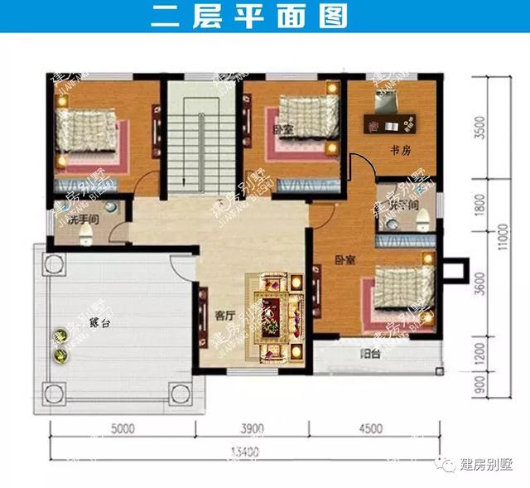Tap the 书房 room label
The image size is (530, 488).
402,150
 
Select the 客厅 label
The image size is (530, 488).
224,315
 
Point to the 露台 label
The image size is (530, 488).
99,323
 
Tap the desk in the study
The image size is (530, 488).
389,123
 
